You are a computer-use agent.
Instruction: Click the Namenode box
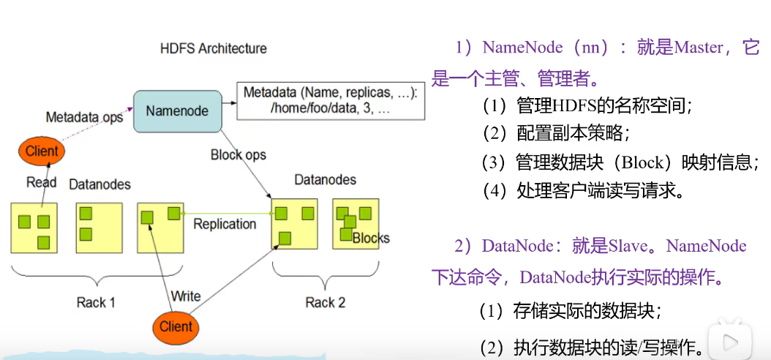click(178, 111)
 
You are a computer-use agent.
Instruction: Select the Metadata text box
click(331, 101)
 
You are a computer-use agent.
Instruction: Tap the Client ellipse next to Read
click(42, 151)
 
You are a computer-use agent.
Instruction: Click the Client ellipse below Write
click(176, 326)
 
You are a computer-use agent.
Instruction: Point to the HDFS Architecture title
click(214, 49)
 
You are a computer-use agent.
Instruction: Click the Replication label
click(225, 224)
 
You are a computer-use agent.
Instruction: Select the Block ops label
click(238, 155)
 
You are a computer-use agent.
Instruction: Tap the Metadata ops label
click(84, 118)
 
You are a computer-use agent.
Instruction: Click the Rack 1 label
click(96, 302)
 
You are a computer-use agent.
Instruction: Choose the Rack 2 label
click(326, 302)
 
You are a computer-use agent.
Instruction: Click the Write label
click(185, 296)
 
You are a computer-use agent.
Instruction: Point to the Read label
click(41, 182)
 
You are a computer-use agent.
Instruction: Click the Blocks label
click(371, 239)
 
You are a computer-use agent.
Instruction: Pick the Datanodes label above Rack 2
click(325, 179)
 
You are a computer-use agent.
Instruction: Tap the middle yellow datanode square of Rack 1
click(99, 228)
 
